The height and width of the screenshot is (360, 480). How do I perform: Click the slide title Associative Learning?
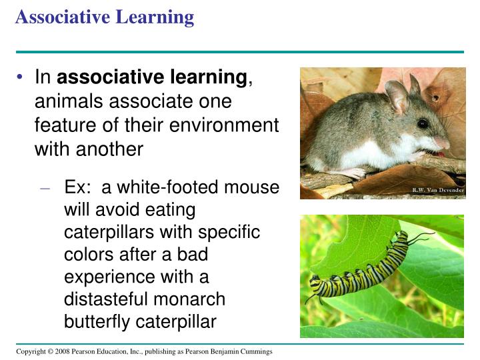[x=105, y=17]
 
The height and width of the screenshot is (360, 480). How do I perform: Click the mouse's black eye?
[x=423, y=123]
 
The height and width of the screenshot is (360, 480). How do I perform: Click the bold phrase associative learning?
[x=152, y=78]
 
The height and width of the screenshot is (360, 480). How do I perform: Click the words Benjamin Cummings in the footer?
[x=242, y=351]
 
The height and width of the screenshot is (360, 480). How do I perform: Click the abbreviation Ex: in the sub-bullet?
[x=76, y=187]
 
